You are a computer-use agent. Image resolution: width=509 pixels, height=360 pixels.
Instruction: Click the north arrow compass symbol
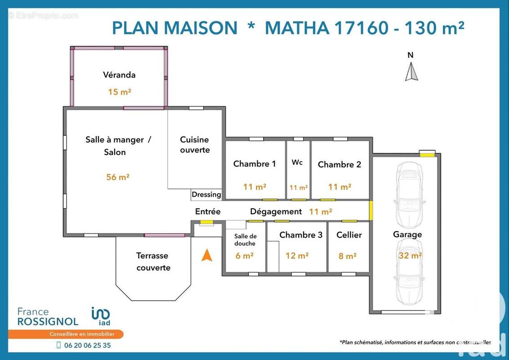click(411, 72)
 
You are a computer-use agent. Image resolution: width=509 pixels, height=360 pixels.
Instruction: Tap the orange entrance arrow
click(206, 255)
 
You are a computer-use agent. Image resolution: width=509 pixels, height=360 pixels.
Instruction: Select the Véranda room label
click(119, 75)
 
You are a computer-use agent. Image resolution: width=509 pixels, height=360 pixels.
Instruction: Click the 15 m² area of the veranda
click(119, 92)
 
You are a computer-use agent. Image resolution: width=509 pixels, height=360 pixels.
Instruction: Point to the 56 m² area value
click(117, 177)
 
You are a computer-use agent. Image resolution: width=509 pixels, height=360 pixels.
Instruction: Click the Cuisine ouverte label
click(195, 144)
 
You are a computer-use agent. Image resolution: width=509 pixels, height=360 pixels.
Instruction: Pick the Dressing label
click(206, 194)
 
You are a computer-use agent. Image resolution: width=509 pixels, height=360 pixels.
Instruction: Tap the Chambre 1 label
click(254, 164)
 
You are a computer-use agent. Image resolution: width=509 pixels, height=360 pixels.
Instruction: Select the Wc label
click(297, 162)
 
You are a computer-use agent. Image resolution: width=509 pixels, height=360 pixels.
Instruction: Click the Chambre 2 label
click(339, 164)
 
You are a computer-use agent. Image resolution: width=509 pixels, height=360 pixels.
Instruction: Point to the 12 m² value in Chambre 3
click(297, 256)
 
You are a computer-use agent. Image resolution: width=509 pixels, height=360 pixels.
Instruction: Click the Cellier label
click(349, 235)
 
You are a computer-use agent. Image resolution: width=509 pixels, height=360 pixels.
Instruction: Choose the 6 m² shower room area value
click(245, 256)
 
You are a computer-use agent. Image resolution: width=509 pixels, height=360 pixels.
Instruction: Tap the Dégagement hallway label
click(276, 211)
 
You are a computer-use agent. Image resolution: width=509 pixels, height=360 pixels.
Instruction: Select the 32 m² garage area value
click(410, 256)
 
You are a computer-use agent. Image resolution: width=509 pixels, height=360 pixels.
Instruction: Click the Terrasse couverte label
click(153, 261)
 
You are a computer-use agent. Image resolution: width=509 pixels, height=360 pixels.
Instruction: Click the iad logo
click(101, 316)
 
